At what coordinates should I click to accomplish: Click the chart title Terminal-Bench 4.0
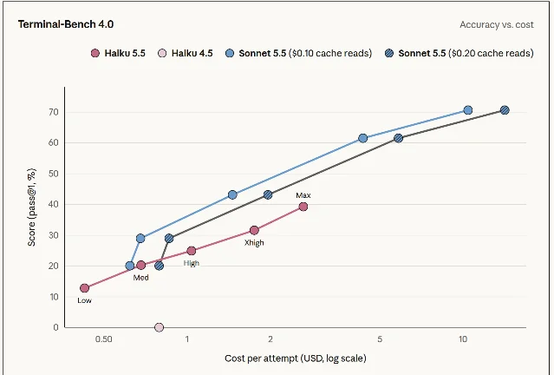pos(66,24)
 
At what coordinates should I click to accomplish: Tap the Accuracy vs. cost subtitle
pos(497,25)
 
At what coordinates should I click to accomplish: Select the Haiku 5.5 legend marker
pos(95,54)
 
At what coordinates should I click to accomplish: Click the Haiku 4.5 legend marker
pos(162,54)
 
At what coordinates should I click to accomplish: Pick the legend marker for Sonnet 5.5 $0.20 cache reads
pos(389,54)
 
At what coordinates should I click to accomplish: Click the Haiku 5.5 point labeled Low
pos(84,288)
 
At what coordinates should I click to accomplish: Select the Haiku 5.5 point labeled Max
pos(303,207)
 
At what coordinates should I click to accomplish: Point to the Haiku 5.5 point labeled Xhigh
pos(254,230)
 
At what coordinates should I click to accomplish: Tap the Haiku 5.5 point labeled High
pos(191,251)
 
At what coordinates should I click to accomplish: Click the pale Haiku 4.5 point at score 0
pos(160,327)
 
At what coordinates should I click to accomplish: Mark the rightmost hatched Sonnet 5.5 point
pos(505,110)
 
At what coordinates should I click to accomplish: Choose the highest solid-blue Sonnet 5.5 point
pos(468,110)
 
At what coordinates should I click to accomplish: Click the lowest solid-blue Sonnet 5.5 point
pos(130,266)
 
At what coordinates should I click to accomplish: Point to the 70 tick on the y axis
pos(54,112)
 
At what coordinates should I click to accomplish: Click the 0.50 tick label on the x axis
pos(103,339)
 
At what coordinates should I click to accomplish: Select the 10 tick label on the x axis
pos(463,339)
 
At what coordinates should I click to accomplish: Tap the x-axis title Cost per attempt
pos(296,359)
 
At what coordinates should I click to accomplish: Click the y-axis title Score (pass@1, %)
pos(31,207)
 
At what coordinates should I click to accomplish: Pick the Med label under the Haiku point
pos(140,278)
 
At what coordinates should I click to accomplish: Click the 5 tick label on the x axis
pos(380,339)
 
